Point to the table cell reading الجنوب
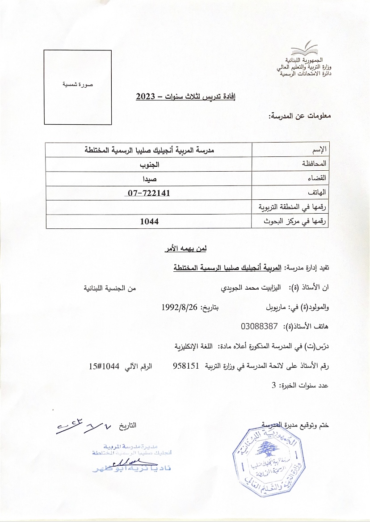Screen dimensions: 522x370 coord(149,164)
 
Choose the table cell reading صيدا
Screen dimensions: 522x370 coord(149,178)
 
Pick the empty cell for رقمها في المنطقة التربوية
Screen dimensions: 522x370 coord(149,207)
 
